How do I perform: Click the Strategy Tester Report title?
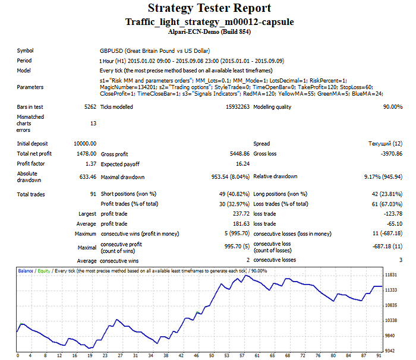click(209, 8)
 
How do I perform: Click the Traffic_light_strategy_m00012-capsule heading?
click(209, 22)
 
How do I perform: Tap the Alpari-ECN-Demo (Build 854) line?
click(209, 32)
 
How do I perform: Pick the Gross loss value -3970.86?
click(389, 154)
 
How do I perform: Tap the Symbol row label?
click(26, 51)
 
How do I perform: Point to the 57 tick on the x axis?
click(242, 355)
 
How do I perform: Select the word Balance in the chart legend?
click(26, 271)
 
